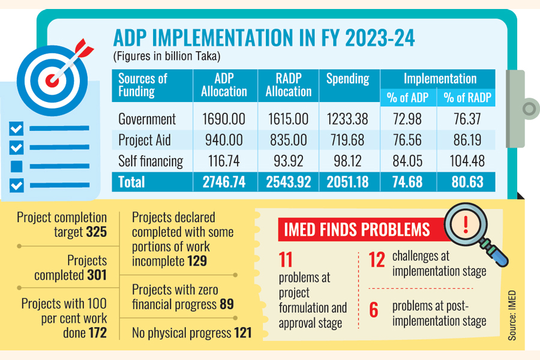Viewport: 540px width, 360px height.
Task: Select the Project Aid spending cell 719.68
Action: [347, 140]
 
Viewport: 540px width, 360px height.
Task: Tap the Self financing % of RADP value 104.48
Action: [467, 161]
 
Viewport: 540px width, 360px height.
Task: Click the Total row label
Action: [133, 182]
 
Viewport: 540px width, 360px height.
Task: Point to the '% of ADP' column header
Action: [407, 98]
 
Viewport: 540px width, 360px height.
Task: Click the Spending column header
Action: [347, 79]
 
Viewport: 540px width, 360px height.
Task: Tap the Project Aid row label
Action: [145, 140]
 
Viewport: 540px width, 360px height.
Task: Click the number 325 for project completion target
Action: [97, 231]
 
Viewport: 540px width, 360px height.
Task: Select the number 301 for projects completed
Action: [97, 275]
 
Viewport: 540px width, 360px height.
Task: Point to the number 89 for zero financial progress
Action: [226, 304]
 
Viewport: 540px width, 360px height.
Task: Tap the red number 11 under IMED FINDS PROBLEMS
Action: [286, 259]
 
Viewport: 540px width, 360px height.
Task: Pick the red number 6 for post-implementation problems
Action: [374, 310]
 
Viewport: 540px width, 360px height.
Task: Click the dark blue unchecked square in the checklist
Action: [17, 166]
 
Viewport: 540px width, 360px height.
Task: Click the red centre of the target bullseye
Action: [53, 78]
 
